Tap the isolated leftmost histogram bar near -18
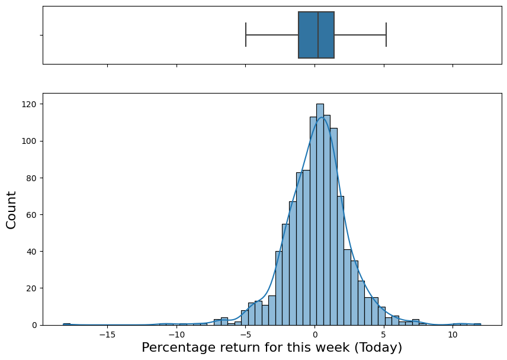(66, 324)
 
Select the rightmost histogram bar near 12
(477, 324)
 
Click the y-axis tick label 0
(35, 325)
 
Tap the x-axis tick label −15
(107, 335)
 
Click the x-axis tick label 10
(453, 335)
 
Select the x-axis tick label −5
(245, 335)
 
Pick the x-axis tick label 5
(384, 335)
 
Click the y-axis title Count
(11, 210)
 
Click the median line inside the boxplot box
(318, 35)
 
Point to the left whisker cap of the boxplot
(246, 35)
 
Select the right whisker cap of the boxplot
(386, 35)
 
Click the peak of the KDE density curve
(322, 117)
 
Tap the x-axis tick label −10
(177, 335)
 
